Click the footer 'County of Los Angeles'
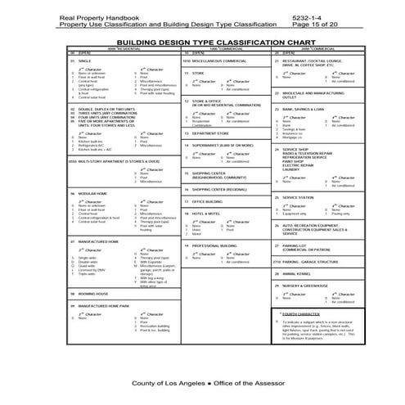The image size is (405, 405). click(x=166, y=383)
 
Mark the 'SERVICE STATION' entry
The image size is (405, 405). click(x=299, y=197)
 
